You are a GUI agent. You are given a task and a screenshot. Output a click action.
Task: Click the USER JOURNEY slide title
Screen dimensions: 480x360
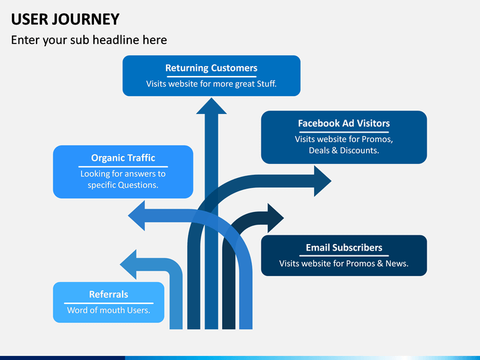(x=65, y=19)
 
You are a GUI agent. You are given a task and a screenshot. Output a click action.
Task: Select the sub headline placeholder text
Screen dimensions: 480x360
(x=89, y=40)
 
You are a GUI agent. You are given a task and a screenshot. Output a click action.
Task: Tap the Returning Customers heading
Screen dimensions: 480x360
(x=211, y=68)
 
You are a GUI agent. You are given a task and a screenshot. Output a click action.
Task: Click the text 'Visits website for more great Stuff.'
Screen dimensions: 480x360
(x=211, y=83)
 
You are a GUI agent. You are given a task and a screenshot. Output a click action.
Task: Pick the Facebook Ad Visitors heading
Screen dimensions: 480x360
(x=344, y=123)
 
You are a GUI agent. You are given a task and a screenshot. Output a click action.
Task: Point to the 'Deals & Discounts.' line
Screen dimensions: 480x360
(x=344, y=150)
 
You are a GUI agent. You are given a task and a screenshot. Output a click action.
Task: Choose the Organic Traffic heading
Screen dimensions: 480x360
(x=123, y=158)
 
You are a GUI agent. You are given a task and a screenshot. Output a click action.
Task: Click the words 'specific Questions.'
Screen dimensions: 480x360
(x=123, y=185)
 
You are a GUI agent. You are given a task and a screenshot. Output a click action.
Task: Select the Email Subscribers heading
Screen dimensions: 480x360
(x=344, y=247)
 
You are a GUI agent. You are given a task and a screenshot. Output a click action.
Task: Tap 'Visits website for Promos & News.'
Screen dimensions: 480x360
(x=344, y=263)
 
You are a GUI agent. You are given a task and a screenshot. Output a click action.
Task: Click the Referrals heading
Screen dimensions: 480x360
(x=109, y=295)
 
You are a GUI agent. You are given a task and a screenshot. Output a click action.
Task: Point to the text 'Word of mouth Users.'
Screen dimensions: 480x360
(x=109, y=310)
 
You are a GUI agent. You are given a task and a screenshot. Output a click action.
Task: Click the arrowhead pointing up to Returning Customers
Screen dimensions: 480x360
(x=211, y=106)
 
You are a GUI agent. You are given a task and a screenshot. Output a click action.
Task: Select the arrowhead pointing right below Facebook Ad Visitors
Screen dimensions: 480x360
(x=323, y=181)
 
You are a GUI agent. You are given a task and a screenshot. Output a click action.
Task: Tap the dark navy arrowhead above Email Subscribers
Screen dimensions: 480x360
(x=275, y=218)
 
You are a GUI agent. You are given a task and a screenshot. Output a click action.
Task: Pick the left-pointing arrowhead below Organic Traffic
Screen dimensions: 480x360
(x=137, y=215)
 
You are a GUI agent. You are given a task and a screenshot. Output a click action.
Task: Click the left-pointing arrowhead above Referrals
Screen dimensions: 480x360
(x=128, y=265)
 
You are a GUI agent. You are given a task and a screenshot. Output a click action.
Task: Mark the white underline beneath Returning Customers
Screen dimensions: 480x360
(x=211, y=76)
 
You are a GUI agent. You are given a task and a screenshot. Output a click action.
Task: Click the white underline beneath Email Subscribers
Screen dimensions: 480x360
(x=344, y=255)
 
